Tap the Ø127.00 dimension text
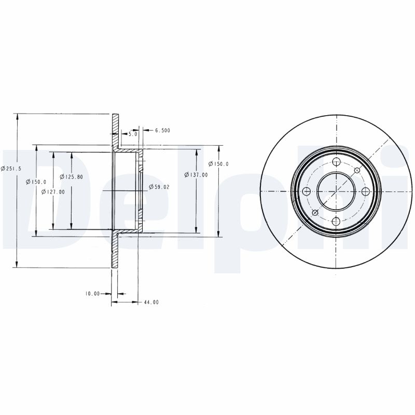point(53,191)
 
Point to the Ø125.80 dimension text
point(71,177)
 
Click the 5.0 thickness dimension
point(133,134)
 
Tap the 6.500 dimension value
point(162,130)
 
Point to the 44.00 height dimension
point(151,302)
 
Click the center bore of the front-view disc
point(336,191)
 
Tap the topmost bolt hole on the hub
point(336,161)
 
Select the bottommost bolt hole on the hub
point(336,222)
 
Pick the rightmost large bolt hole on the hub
point(366,191)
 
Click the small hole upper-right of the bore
point(357,170)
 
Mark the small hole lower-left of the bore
point(315,213)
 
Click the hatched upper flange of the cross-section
point(115,130)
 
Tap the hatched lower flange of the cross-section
point(115,252)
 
